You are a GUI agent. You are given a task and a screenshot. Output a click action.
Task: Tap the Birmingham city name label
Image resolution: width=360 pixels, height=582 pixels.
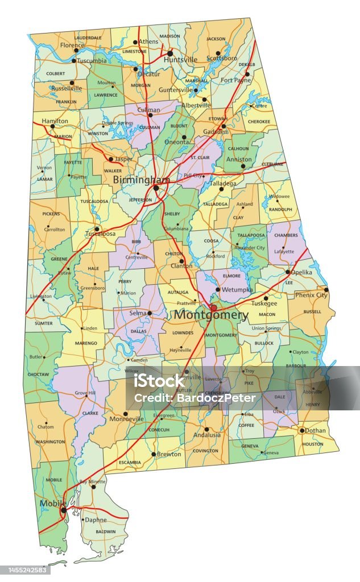coord(141,180)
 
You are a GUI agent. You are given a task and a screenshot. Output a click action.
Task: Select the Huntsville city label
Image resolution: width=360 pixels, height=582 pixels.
coord(180,59)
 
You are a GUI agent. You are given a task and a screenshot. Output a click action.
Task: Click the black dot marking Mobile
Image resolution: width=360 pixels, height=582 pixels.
coord(63,510)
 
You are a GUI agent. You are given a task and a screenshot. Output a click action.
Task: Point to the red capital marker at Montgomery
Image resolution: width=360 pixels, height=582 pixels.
coord(213,307)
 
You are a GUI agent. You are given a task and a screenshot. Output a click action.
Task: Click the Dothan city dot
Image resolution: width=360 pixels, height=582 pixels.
coord(302,431)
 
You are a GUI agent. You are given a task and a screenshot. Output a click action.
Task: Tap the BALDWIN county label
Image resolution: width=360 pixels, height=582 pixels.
coord(106,532)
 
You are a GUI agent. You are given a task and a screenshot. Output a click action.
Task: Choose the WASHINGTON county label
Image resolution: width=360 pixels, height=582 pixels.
coord(50,442)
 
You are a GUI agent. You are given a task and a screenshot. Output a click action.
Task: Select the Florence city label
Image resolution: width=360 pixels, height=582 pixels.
coord(72,45)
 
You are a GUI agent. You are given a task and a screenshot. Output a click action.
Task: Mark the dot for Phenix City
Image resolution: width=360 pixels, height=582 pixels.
coord(326,289)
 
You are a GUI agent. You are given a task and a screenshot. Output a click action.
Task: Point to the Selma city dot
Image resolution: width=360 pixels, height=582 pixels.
coord(150,313)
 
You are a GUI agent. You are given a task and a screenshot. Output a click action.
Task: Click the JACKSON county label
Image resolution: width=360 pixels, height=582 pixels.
coord(216,39)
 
